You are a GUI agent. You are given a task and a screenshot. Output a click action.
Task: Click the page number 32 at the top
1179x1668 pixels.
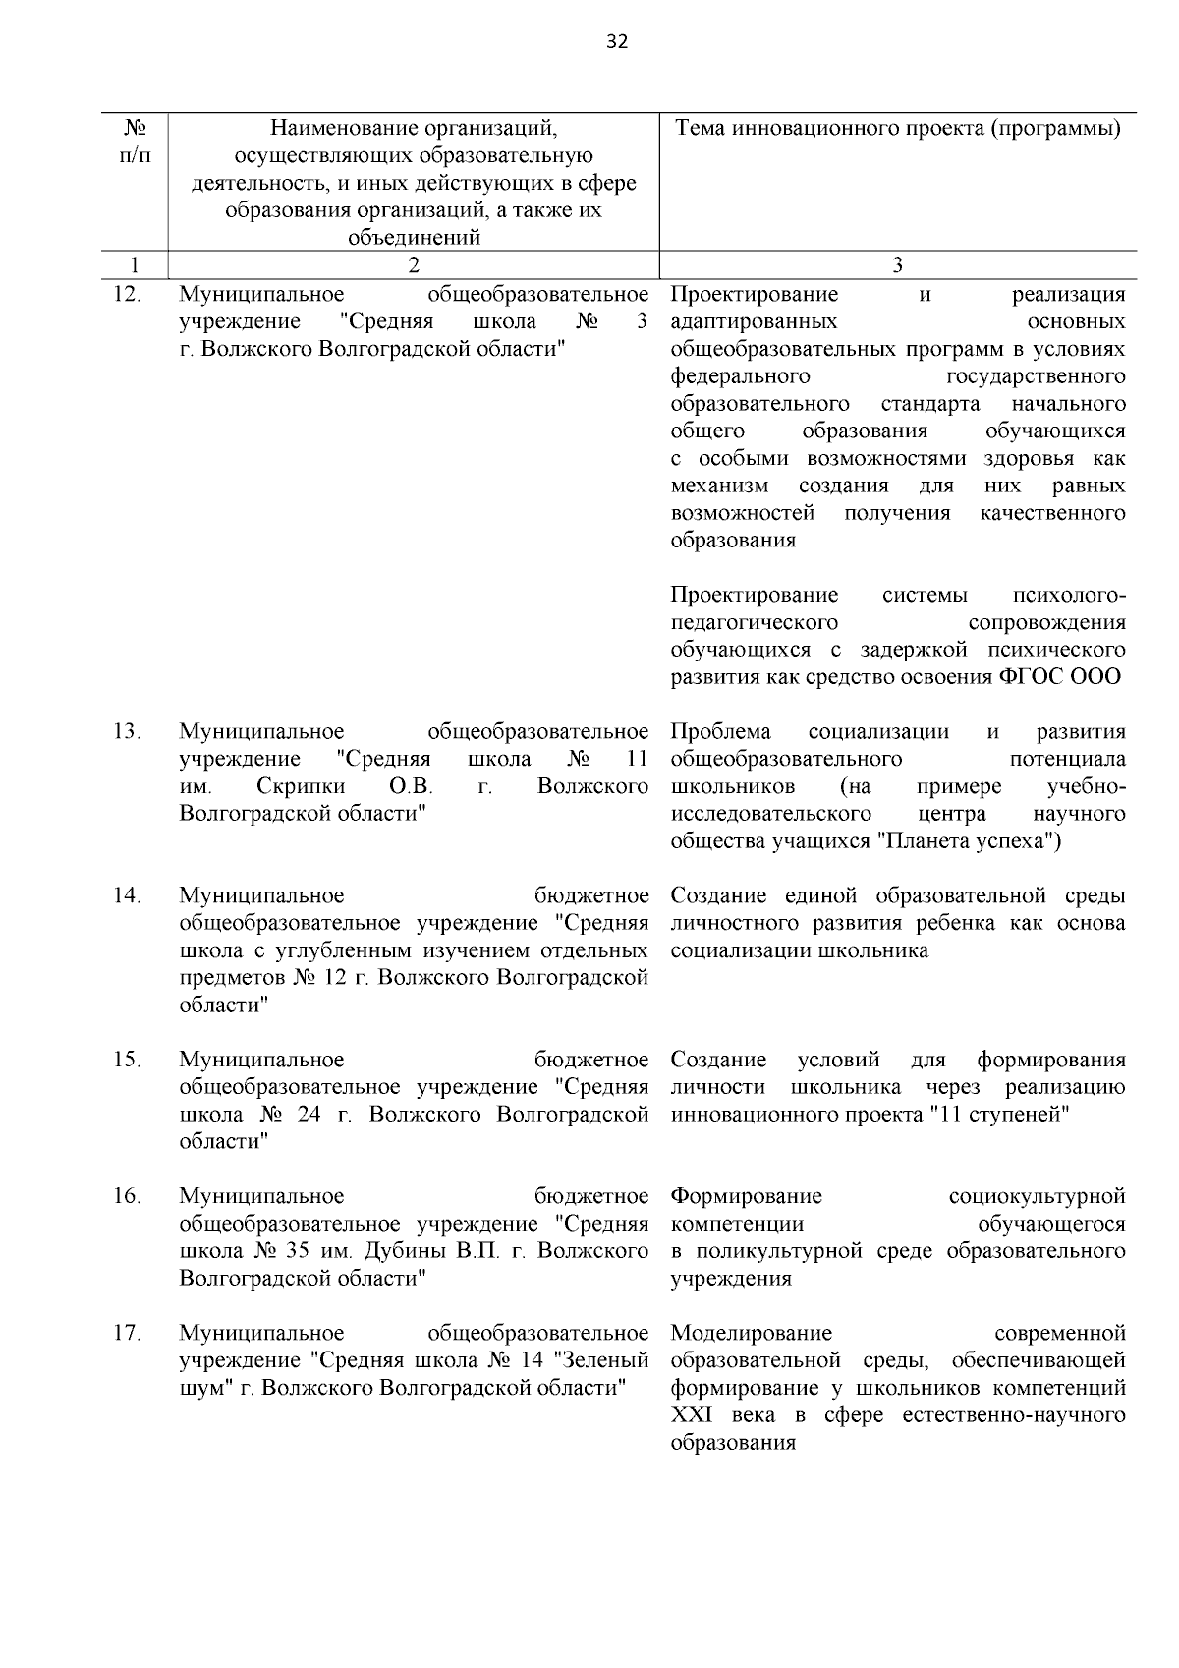tap(618, 41)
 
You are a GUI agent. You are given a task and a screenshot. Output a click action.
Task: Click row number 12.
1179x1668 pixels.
tap(128, 294)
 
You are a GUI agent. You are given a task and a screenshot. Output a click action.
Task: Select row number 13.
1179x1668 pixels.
tap(128, 731)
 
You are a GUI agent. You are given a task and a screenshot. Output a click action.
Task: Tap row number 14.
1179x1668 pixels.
tap(128, 895)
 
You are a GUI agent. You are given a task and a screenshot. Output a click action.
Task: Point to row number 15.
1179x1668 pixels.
tap(128, 1060)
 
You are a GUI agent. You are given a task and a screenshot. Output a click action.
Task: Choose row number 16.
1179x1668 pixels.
tap(128, 1196)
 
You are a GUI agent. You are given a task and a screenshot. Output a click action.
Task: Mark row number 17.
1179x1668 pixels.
tap(128, 1333)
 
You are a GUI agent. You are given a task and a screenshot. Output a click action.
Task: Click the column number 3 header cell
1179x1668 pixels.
tap(897, 264)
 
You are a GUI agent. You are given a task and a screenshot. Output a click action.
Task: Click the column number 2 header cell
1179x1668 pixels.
tap(413, 264)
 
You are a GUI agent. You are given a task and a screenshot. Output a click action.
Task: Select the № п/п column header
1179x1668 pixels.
tap(136, 143)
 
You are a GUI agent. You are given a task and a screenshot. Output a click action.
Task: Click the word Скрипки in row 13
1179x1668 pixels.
tap(301, 786)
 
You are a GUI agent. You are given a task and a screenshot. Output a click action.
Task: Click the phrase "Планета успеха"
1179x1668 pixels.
tap(967, 841)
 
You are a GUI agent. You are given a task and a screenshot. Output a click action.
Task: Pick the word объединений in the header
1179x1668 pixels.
tap(414, 237)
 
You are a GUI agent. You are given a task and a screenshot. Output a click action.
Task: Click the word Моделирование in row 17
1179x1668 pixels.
tap(751, 1333)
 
